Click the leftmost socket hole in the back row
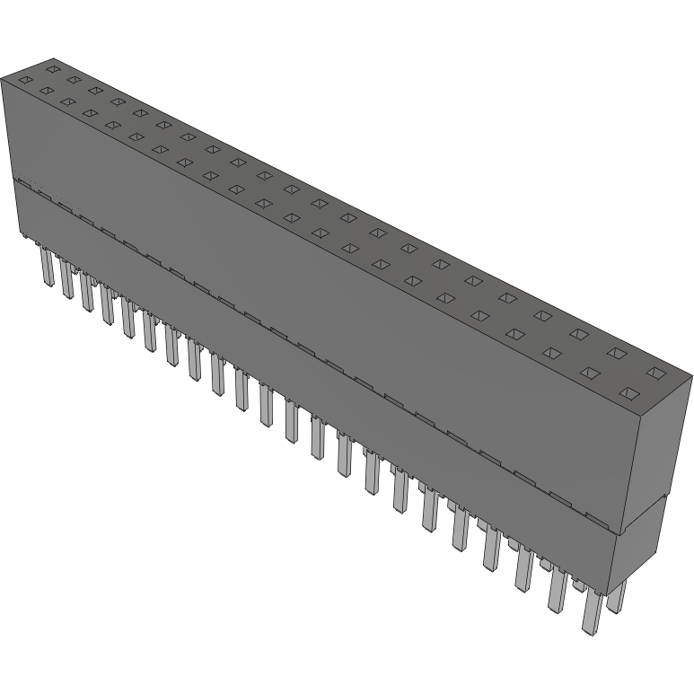(x=53, y=68)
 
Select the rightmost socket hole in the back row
(x=657, y=372)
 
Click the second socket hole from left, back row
(x=73, y=79)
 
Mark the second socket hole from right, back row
(x=618, y=352)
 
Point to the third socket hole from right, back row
(x=580, y=333)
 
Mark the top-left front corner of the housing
(x=2, y=79)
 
